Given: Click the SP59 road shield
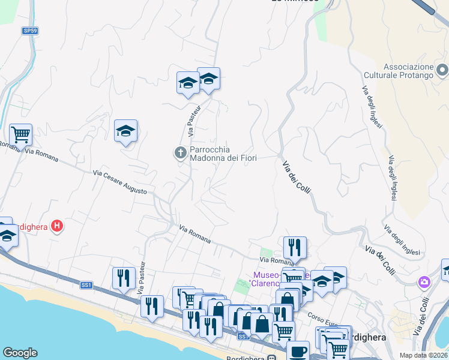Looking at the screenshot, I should click(30, 30).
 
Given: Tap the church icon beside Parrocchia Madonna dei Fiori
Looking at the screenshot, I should click(179, 153).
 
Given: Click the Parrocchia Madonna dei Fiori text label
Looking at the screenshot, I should click(223, 154).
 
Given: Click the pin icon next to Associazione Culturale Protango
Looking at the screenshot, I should click(442, 70).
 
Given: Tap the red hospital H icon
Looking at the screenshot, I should click(57, 226).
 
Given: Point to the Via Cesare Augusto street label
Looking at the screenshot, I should click(120, 182).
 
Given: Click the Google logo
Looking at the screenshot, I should click(20, 353).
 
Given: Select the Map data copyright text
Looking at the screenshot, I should click(423, 355).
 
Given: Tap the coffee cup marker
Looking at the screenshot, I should click(298, 351).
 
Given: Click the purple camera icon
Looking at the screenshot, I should click(424, 281).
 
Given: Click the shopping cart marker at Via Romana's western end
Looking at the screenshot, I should click(20, 134).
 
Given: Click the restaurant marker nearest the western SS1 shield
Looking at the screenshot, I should click(124, 278).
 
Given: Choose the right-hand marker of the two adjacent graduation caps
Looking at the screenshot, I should click(208, 79).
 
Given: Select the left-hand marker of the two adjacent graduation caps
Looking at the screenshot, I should click(188, 83).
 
